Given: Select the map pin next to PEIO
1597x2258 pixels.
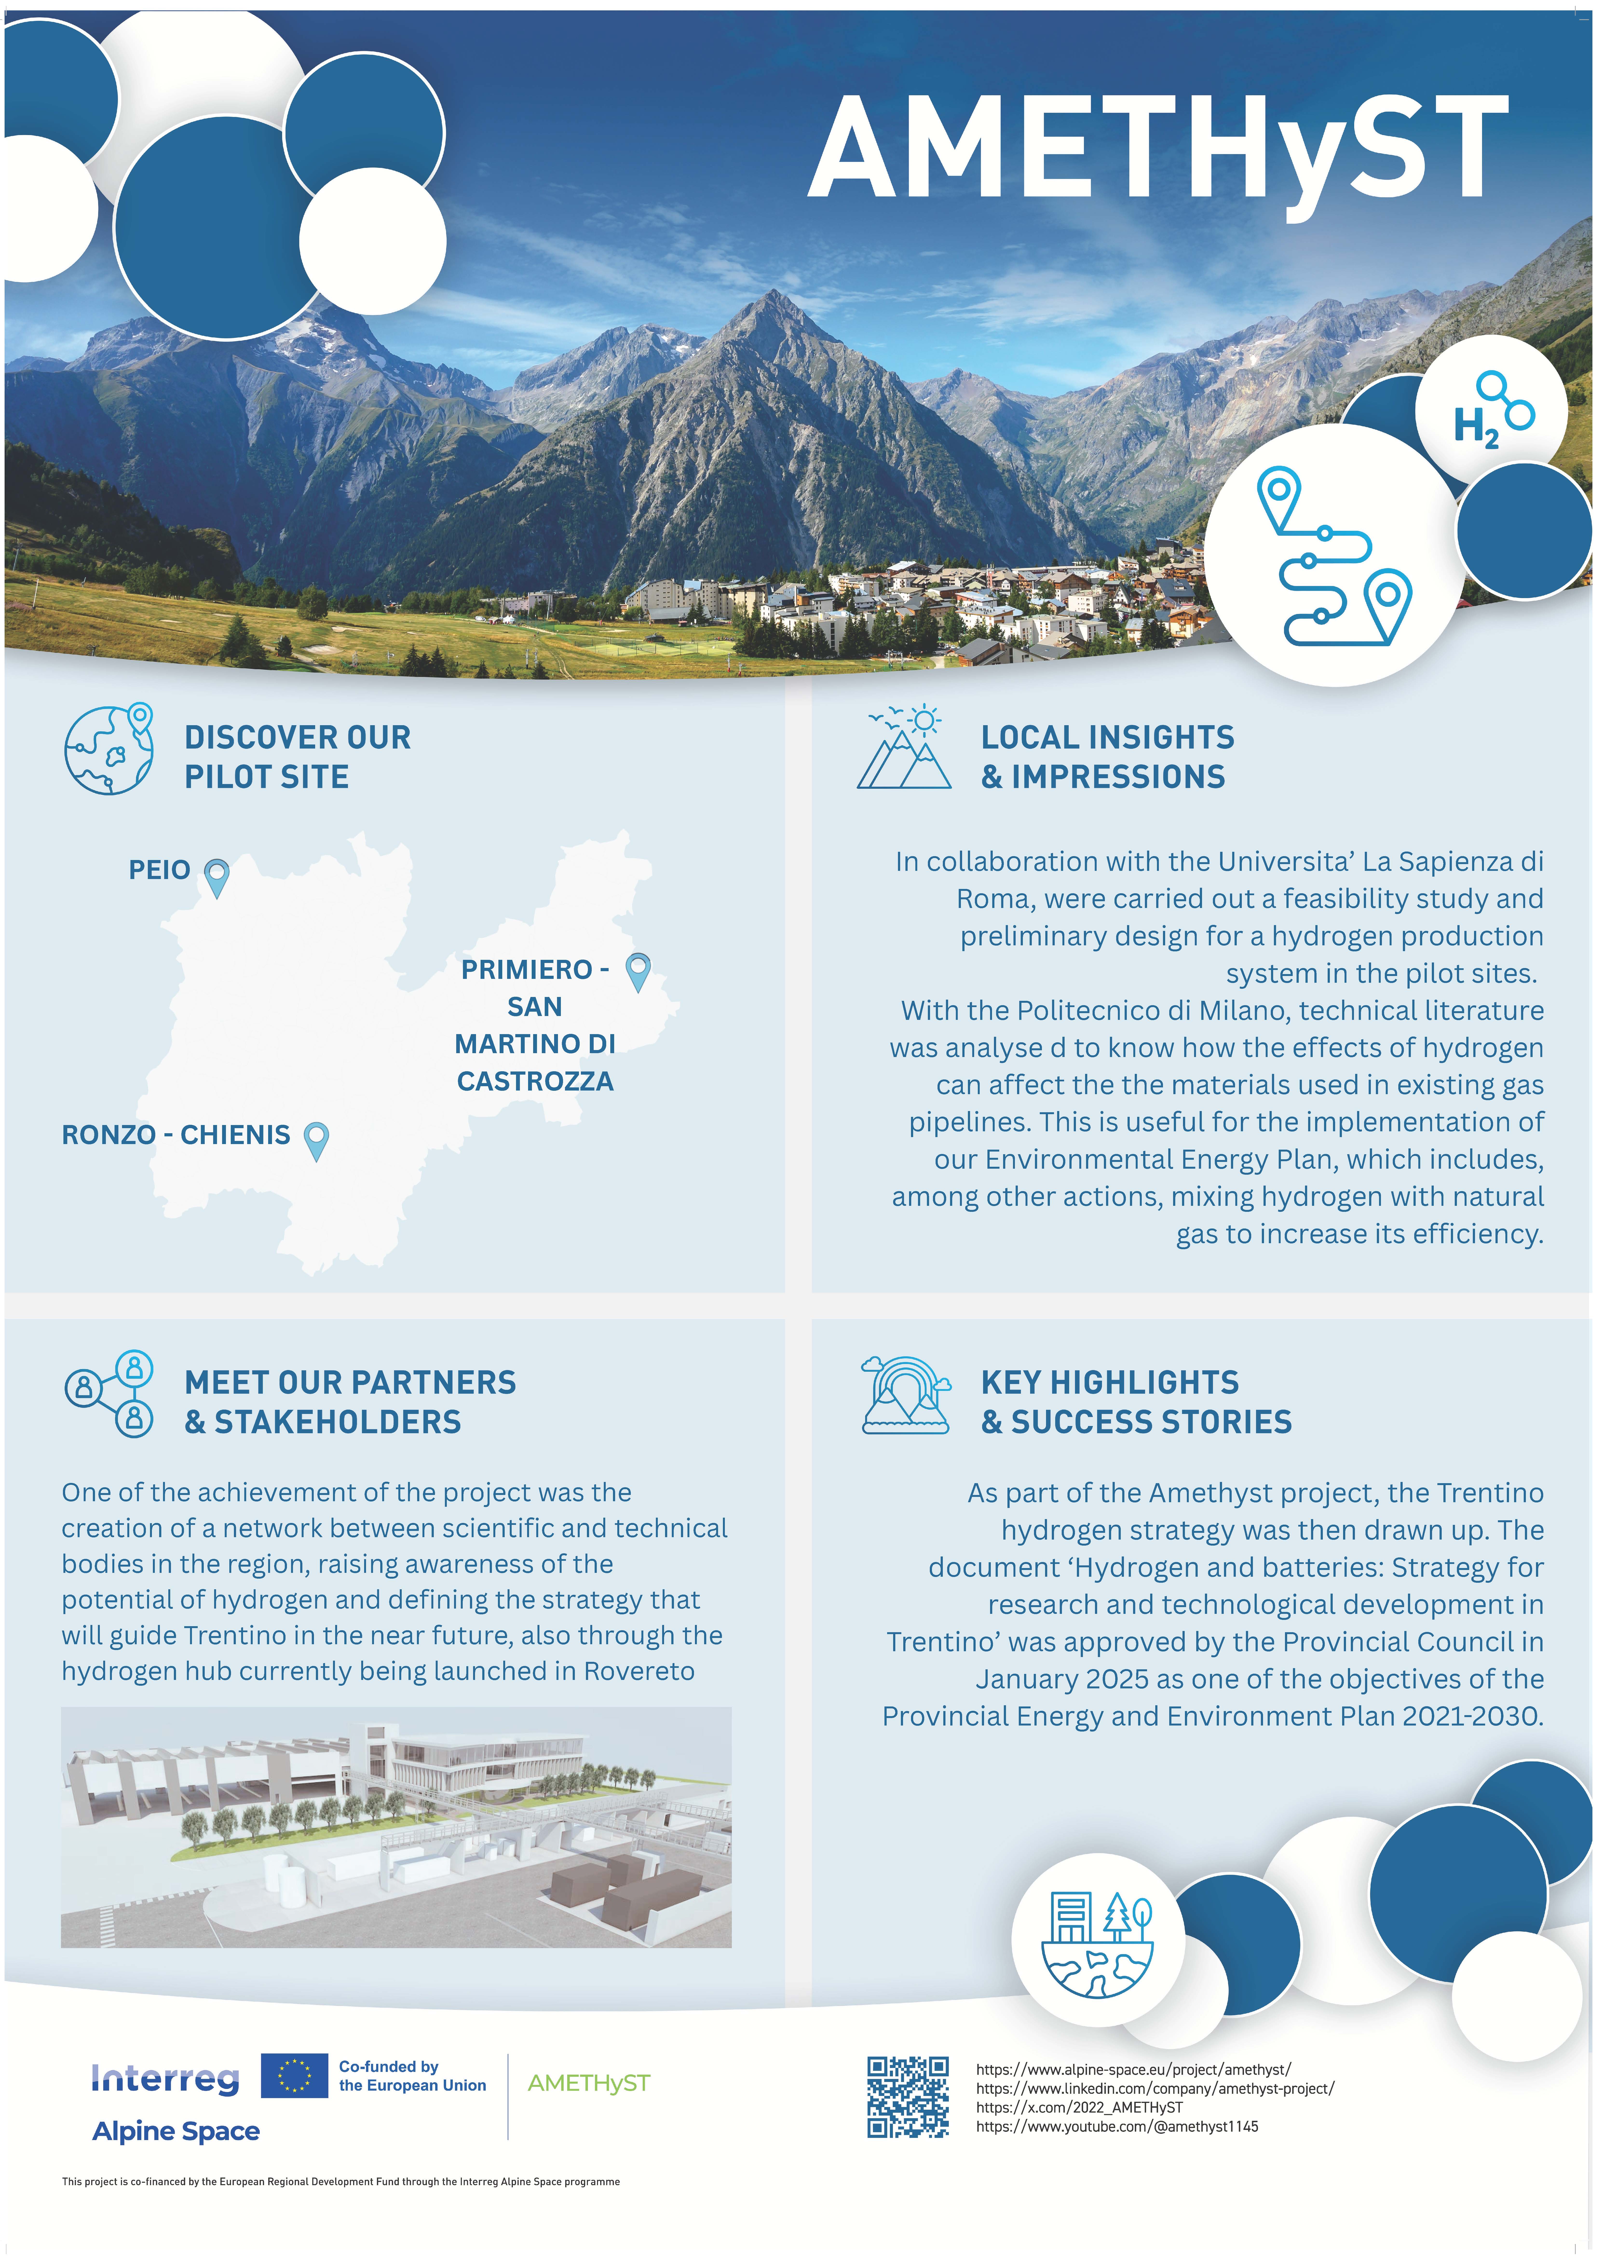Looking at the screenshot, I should point(216,875).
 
